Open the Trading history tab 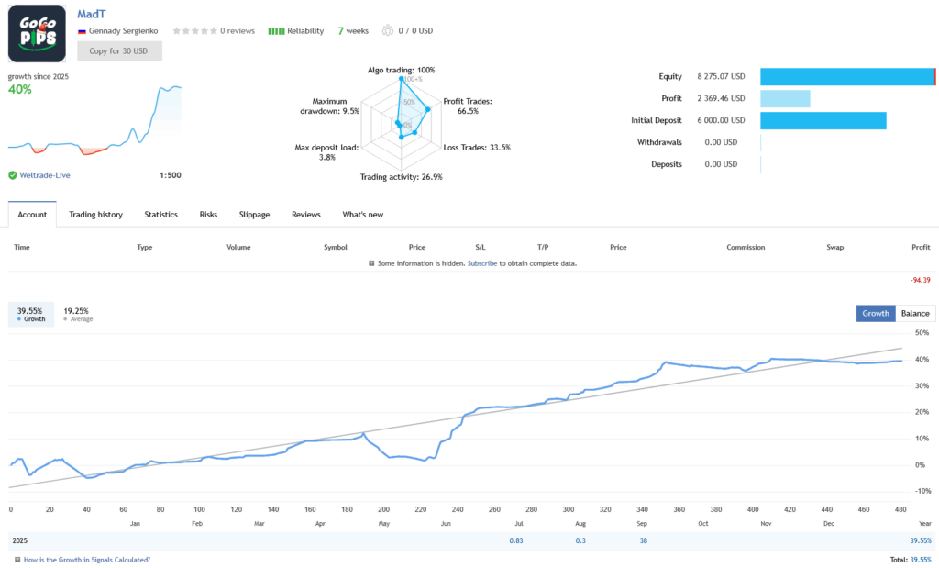(x=95, y=215)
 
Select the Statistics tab (x=160, y=215)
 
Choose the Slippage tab (x=254, y=215)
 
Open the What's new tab (x=362, y=215)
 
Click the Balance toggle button (x=914, y=313)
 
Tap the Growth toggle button (x=876, y=313)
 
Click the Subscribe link (x=482, y=263)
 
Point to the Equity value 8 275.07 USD (x=721, y=77)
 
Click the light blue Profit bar (x=785, y=99)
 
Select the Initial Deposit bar (x=823, y=121)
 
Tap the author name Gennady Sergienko (x=123, y=30)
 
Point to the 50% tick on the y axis (x=922, y=333)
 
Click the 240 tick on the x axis (x=458, y=509)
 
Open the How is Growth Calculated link (x=86, y=559)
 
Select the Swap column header (x=834, y=247)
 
